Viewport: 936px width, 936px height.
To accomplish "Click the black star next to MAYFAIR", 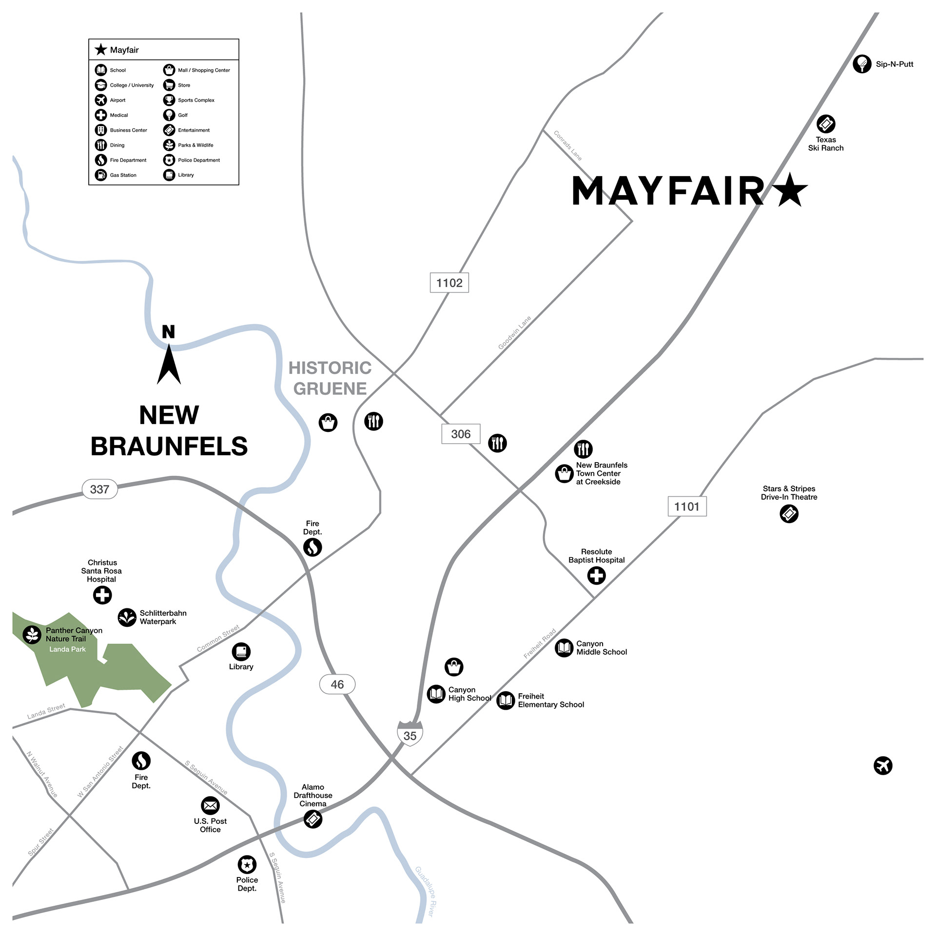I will (x=790, y=191).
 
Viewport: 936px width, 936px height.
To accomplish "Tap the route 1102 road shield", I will (x=449, y=283).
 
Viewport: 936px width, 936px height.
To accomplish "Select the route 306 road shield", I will (x=461, y=434).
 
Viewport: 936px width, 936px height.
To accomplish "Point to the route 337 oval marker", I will (x=99, y=489).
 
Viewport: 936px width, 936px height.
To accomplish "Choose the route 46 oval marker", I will (x=337, y=684).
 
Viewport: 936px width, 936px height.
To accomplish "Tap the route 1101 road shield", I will (x=686, y=507).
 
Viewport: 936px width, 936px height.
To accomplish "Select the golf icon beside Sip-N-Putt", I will (x=862, y=64).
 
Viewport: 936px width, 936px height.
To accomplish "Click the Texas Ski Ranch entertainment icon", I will (x=826, y=124).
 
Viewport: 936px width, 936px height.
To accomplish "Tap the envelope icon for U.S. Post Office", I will (x=210, y=806).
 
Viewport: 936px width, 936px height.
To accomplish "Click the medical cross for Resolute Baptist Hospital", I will (x=596, y=576).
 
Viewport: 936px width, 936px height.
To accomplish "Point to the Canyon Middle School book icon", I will (x=564, y=648).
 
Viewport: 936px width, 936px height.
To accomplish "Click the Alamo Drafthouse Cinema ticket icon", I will (x=313, y=819).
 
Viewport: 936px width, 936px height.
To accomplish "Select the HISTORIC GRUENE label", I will (x=330, y=378).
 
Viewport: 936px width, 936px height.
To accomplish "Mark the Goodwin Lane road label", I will (x=514, y=333).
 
